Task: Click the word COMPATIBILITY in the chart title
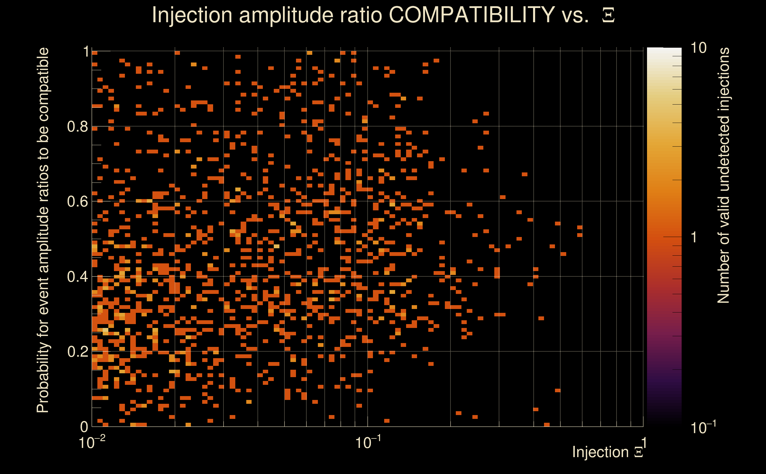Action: coord(471,15)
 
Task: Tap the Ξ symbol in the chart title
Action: coord(608,15)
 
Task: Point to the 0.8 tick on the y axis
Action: coord(77,127)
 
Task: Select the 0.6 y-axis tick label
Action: coord(77,201)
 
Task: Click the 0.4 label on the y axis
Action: coord(77,277)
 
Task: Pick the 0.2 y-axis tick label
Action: coord(77,352)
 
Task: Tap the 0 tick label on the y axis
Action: coord(84,427)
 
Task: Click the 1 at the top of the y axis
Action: coord(86,52)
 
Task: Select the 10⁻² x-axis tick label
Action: coord(91,443)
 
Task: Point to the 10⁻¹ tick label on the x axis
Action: coord(368,443)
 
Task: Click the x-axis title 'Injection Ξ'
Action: coord(608,452)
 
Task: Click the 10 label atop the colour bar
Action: coord(698,48)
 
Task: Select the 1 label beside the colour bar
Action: coord(694,237)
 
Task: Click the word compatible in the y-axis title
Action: coord(43,84)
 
